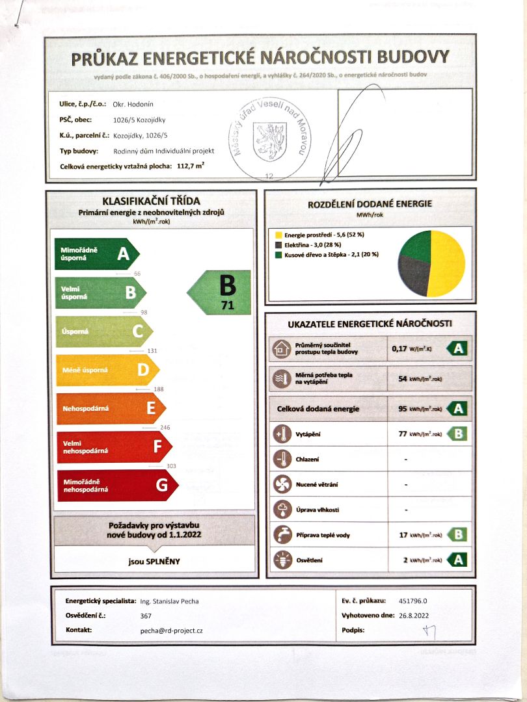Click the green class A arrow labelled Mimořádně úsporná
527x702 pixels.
point(98,253)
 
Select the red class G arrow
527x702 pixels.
point(117,485)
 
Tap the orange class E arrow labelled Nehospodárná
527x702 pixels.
point(111,408)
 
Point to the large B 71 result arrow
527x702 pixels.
point(220,292)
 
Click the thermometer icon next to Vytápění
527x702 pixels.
point(282,434)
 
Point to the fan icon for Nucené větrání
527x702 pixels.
point(282,484)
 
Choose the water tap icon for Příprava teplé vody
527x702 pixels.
point(282,535)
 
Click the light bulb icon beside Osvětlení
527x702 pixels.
point(282,560)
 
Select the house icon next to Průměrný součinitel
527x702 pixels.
point(282,349)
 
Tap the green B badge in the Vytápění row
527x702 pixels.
point(458,434)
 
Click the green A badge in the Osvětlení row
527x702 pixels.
point(458,560)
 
